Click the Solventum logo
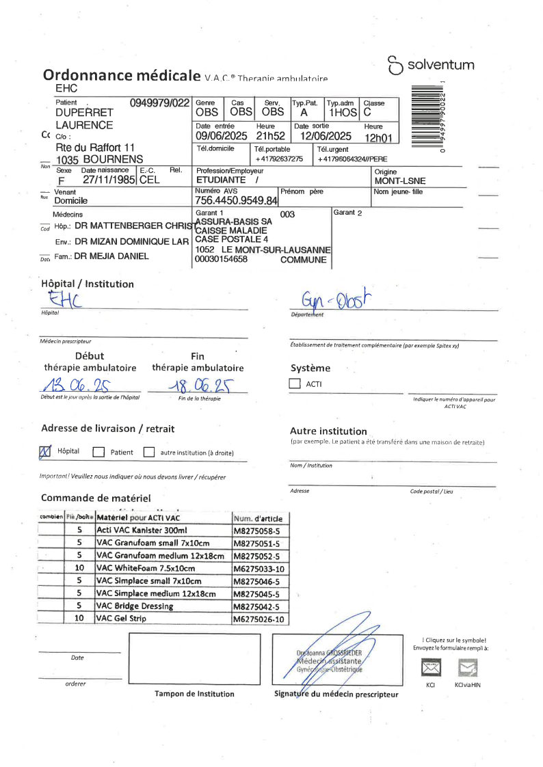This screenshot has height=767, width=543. pos(431,66)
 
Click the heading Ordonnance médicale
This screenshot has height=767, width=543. pos(121,75)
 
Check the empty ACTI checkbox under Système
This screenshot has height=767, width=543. pos(295,384)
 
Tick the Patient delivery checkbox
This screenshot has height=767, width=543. pos(98,452)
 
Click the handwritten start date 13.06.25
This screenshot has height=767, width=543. pos(72,387)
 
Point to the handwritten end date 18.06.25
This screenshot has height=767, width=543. pos(198,386)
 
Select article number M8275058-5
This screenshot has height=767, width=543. pos(256,530)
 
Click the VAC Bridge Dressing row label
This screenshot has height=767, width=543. pos(135,606)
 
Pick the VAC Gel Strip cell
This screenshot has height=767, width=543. pos(121,618)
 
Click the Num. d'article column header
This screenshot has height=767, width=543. pos(258,518)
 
